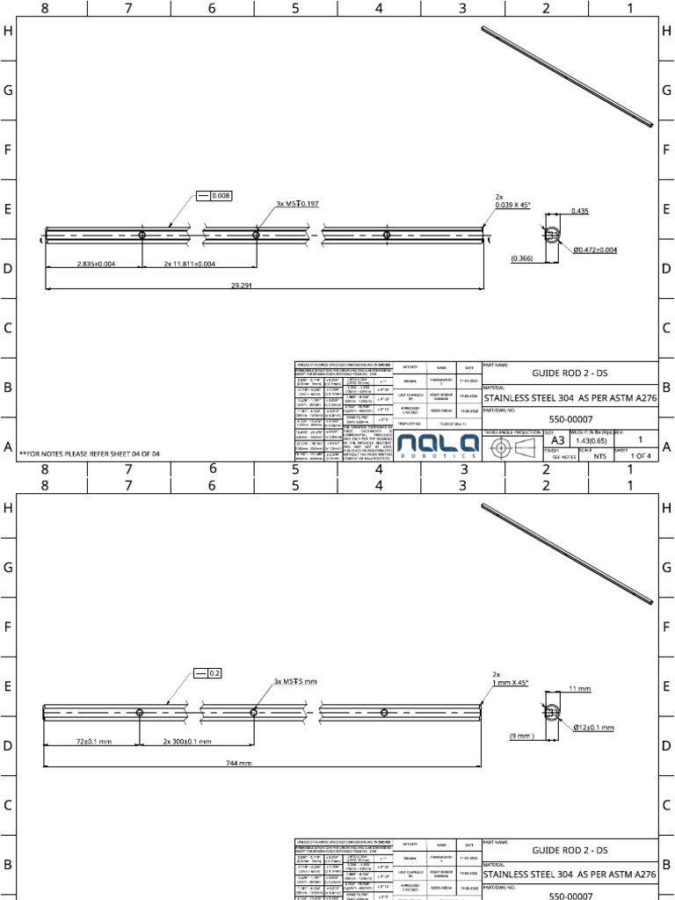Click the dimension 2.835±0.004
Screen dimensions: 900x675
click(96, 264)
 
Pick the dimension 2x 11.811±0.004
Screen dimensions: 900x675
click(189, 264)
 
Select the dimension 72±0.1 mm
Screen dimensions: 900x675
click(92, 741)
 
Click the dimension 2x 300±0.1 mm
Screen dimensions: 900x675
click(186, 741)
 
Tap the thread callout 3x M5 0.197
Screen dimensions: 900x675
click(297, 204)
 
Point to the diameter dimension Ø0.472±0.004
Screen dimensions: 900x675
click(595, 250)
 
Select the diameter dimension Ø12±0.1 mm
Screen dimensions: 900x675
click(592, 728)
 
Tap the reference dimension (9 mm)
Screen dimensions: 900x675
click(522, 736)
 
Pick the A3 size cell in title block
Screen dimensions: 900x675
click(557, 440)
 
